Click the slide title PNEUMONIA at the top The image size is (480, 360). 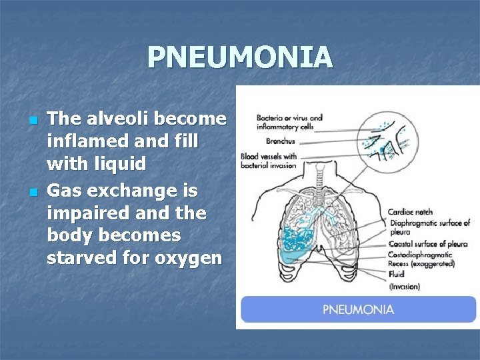(x=240, y=57)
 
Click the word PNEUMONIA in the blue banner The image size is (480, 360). (x=358, y=309)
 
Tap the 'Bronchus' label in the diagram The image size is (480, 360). (x=281, y=141)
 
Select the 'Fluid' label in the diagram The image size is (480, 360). (x=397, y=275)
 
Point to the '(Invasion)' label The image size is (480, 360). (x=404, y=287)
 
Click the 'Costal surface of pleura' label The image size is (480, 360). (x=428, y=244)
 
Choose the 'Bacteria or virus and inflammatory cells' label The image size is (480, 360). (x=289, y=122)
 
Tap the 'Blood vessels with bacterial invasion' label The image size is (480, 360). (x=269, y=161)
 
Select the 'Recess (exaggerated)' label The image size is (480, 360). (x=421, y=264)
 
